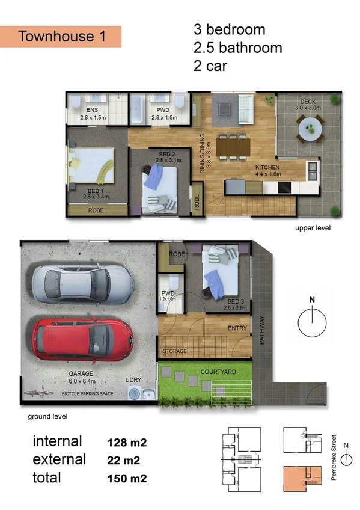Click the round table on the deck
(x=311, y=128)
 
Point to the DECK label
(x=308, y=101)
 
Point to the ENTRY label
(x=238, y=328)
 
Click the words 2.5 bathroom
(x=237, y=48)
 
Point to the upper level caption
(x=313, y=229)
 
